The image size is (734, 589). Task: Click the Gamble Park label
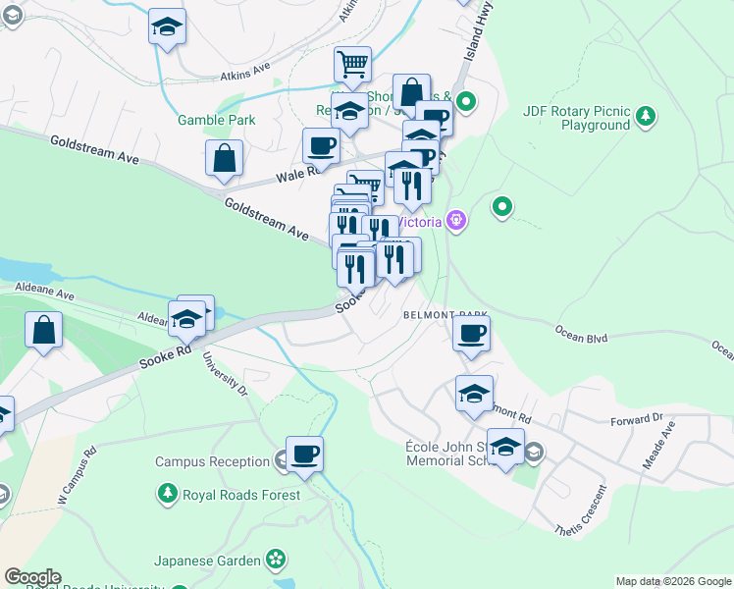pyautogui.click(x=216, y=120)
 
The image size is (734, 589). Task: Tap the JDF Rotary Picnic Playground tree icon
pyautogui.click(x=646, y=118)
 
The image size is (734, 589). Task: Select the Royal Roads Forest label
pyautogui.click(x=241, y=495)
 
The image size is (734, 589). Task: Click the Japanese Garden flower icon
pyautogui.click(x=278, y=561)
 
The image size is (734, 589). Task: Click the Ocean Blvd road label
pyautogui.click(x=583, y=337)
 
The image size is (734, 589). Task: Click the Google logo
pyautogui.click(x=32, y=577)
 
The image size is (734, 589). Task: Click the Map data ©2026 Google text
pyautogui.click(x=673, y=581)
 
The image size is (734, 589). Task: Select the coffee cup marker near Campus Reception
pyautogui.click(x=304, y=454)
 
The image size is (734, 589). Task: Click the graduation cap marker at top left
pyautogui.click(x=168, y=27)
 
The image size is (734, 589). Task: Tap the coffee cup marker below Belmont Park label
pyautogui.click(x=471, y=333)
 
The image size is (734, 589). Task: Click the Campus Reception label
pyautogui.click(x=212, y=461)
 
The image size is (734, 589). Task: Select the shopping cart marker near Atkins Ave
pyautogui.click(x=352, y=65)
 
